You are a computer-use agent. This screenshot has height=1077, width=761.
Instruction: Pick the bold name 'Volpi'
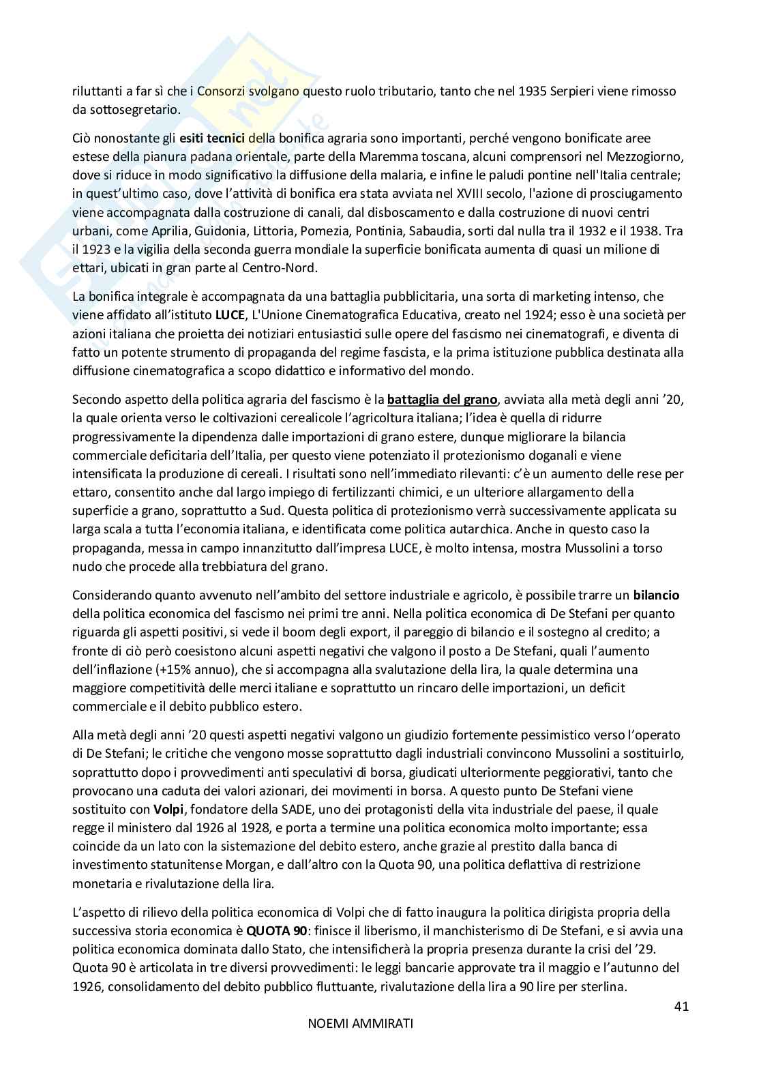click(x=167, y=810)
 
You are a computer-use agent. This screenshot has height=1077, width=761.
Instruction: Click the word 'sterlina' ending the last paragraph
click(x=605, y=986)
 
